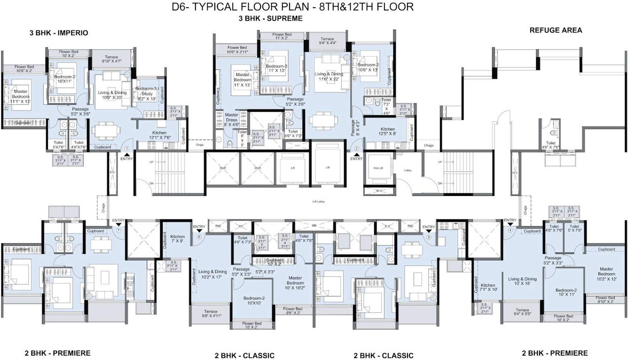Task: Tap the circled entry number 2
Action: pyautogui.click(x=356, y=149)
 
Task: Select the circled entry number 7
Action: pyautogui.click(x=119, y=231)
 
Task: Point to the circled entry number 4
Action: pyautogui.click(x=510, y=230)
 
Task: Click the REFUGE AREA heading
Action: pyautogui.click(x=556, y=30)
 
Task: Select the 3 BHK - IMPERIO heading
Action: pyautogui.click(x=59, y=33)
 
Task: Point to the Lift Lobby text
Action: pyautogui.click(x=319, y=201)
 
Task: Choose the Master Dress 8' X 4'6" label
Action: pyautogui.click(x=232, y=119)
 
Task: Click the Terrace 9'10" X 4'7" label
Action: pyautogui.click(x=112, y=59)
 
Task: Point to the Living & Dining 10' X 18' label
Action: pyautogui.click(x=522, y=282)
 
